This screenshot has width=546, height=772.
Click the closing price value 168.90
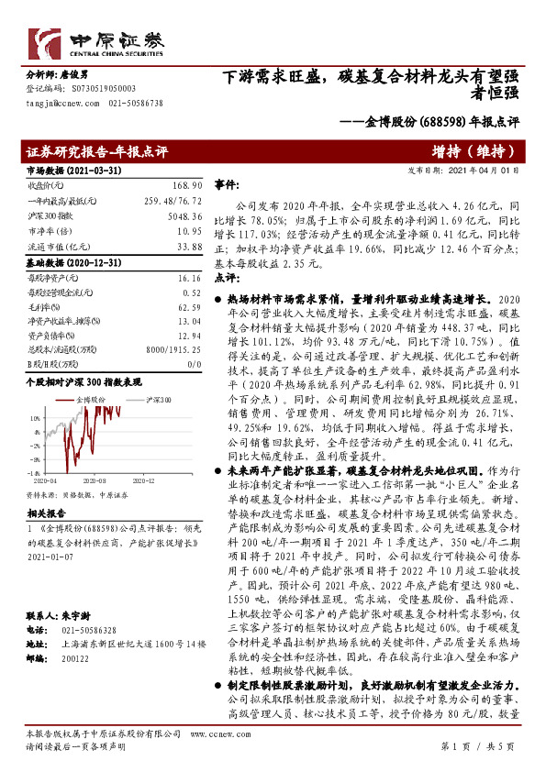187,185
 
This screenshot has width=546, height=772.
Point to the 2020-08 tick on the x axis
94,479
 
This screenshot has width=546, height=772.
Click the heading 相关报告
42,515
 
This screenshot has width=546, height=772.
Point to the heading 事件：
226,184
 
